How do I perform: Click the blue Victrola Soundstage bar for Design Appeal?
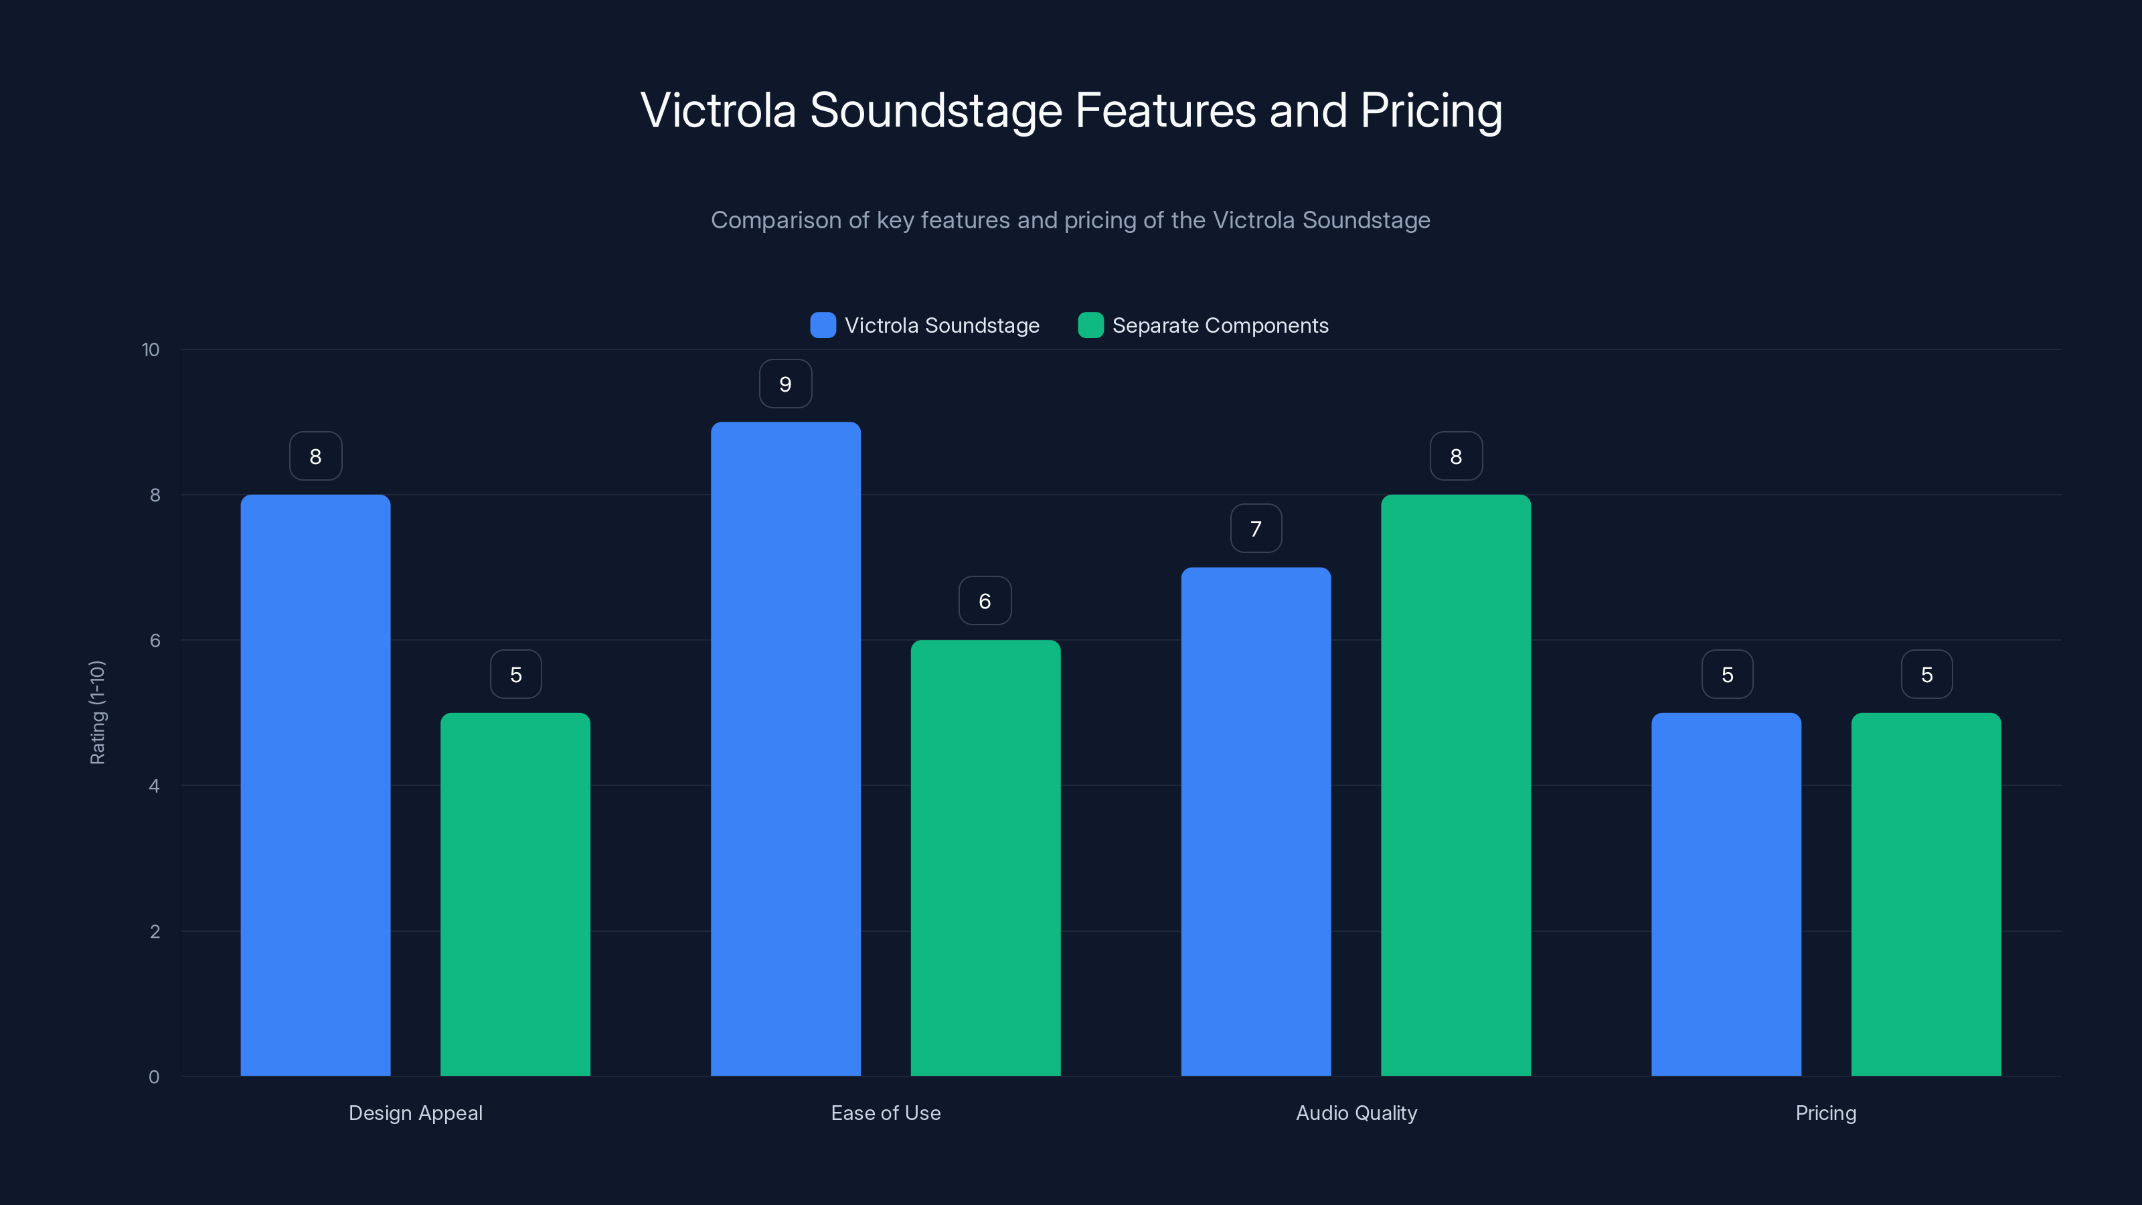click(315, 785)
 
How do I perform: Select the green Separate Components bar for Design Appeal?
click(515, 894)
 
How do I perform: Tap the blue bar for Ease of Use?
click(785, 748)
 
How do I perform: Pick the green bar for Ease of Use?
click(985, 858)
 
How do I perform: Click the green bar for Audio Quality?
click(1455, 785)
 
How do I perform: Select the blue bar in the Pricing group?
click(1726, 894)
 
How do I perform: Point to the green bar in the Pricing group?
click(1926, 894)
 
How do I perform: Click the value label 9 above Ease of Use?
click(785, 384)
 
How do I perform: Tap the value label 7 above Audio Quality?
click(1256, 529)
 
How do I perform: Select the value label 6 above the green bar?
click(985, 601)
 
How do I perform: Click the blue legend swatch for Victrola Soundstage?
click(823, 325)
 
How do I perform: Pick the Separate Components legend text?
click(1220, 325)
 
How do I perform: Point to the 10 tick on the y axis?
click(151, 349)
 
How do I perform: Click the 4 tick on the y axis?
click(154, 786)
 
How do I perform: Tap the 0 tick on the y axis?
click(154, 1077)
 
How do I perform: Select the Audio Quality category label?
click(1356, 1113)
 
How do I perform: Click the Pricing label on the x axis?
click(1825, 1113)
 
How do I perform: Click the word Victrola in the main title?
click(718, 110)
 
